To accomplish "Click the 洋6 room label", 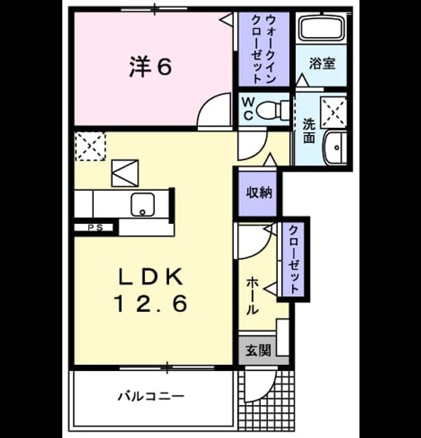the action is coord(151,67).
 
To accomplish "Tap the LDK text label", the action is coord(151,276).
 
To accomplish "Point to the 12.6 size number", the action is coord(151,304).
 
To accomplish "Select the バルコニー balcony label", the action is coord(151,396).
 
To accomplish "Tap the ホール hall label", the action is coord(252,296).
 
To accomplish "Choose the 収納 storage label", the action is coord(259,192).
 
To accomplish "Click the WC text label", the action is coord(248,109).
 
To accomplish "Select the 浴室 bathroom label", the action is coord(322,64).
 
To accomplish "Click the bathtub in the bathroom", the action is coord(322,27).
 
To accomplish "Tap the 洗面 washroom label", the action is coord(309,131).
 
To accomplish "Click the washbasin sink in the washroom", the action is coord(335,147).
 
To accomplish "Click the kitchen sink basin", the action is coord(143,205).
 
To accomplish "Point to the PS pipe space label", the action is coord(96,227).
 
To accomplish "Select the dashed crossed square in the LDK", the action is coord(90,146).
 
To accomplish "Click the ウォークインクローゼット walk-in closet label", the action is coord(264,49).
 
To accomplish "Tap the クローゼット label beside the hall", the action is coord(293,259).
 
